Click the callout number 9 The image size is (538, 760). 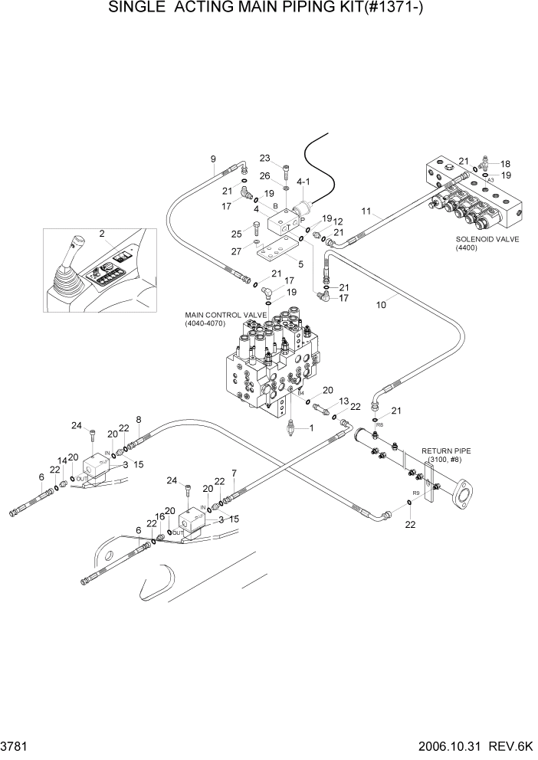point(214,159)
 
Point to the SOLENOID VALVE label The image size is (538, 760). point(487,243)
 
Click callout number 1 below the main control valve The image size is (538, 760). point(310,427)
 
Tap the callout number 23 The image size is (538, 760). point(265,159)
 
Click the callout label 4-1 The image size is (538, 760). point(302,182)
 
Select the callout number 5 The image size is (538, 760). point(300,264)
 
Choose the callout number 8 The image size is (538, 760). point(138,419)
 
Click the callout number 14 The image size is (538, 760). point(64,461)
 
